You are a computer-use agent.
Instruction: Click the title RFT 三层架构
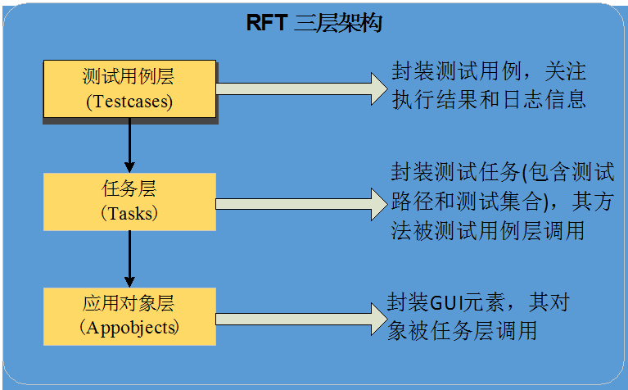pyautogui.click(x=314, y=23)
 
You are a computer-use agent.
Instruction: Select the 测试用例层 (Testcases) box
pyautogui.click(x=129, y=89)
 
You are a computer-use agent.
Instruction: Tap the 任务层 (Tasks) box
pyautogui.click(x=129, y=201)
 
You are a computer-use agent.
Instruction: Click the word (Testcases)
pyautogui.click(x=129, y=102)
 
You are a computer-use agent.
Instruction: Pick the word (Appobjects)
pyautogui.click(x=129, y=328)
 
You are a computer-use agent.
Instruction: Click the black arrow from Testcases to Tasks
pyautogui.click(x=129, y=146)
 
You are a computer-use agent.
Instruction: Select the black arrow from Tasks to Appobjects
pyautogui.click(x=129, y=258)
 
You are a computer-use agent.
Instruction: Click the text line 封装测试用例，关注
pyautogui.click(x=489, y=71)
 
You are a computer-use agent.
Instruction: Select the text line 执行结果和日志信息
pyautogui.click(x=489, y=100)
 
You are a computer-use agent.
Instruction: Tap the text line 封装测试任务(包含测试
pyautogui.click(x=502, y=172)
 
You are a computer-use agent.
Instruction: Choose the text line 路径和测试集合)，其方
pyautogui.click(x=502, y=202)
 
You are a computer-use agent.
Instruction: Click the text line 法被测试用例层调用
pyautogui.click(x=488, y=230)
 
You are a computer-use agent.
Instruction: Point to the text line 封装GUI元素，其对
pyautogui.click(x=477, y=302)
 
